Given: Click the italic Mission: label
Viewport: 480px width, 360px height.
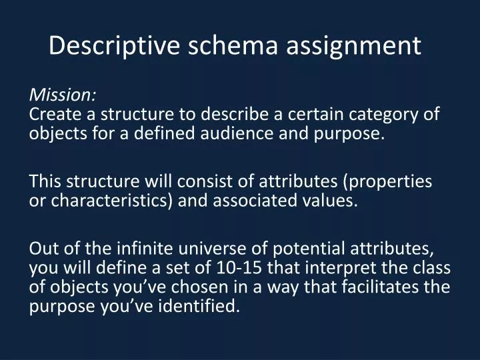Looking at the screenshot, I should pos(63,94).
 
